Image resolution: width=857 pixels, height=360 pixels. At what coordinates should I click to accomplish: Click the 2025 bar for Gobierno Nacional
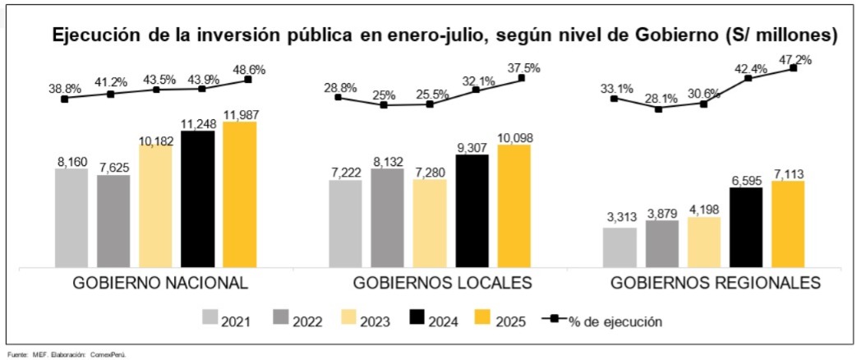point(239,195)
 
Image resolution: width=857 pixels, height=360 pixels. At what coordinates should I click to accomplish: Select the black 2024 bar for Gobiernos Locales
point(472,211)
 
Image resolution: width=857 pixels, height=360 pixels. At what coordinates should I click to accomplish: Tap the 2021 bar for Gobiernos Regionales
point(619,247)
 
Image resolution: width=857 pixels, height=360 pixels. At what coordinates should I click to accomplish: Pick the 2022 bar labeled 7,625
point(113,221)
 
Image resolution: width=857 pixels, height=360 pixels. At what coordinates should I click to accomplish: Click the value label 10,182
point(156,140)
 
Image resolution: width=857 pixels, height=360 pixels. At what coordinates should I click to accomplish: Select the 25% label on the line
point(383,95)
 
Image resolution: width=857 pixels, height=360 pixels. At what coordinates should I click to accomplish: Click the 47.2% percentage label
point(795,59)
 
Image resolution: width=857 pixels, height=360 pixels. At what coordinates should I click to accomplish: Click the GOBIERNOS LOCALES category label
point(442,284)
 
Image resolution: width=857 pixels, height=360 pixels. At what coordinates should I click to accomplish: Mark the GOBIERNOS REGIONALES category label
point(716,284)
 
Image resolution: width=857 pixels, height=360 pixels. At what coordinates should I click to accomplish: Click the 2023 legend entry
point(357,320)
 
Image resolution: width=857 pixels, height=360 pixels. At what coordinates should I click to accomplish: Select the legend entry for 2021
point(227,320)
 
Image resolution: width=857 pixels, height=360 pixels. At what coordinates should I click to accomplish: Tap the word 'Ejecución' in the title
point(94,36)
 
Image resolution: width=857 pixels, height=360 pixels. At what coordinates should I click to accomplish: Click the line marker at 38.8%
point(66,98)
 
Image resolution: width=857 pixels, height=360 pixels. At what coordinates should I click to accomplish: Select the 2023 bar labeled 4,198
point(703,242)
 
